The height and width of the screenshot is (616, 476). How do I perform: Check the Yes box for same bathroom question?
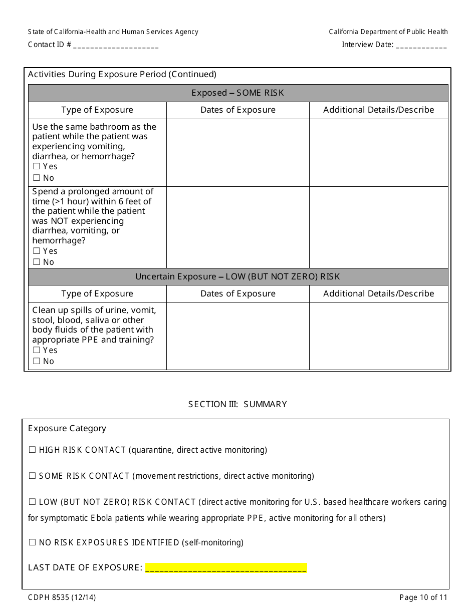(x=36, y=166)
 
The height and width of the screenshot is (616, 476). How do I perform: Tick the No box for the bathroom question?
(x=36, y=178)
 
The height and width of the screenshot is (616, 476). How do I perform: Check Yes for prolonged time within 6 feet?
(x=36, y=251)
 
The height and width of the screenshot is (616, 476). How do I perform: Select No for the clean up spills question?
(x=36, y=361)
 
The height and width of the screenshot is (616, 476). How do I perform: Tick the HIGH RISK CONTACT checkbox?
(x=33, y=450)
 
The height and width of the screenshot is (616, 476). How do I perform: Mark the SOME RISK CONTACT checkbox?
(x=33, y=476)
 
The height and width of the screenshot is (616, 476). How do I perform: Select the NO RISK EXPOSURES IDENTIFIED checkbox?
(x=33, y=542)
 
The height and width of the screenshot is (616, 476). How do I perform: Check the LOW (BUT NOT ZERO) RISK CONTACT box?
(x=33, y=502)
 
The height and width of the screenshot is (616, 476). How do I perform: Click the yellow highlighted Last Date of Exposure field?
(x=226, y=567)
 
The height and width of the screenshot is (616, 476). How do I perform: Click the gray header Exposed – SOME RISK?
(x=238, y=93)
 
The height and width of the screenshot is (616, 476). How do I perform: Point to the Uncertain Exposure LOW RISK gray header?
(x=238, y=277)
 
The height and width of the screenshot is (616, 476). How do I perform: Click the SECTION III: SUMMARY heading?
(x=237, y=404)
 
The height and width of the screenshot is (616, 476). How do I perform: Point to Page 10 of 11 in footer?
(x=423, y=597)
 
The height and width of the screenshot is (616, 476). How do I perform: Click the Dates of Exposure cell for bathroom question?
(x=238, y=152)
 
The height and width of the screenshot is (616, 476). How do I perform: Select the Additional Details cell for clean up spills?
(x=378, y=336)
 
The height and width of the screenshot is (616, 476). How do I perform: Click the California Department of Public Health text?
(x=388, y=32)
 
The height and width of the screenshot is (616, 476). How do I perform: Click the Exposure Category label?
(x=67, y=428)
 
